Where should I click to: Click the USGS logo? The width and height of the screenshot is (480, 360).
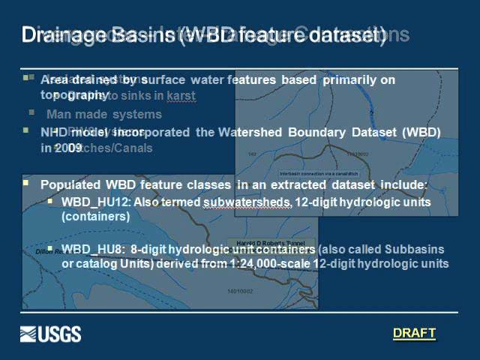pos(50,334)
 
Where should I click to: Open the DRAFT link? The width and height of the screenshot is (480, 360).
pos(414,333)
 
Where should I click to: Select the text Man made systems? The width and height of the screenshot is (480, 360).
pos(104,115)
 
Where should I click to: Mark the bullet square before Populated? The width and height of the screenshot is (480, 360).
pos(26,182)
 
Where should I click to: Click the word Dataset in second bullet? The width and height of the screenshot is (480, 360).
pos(372,132)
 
